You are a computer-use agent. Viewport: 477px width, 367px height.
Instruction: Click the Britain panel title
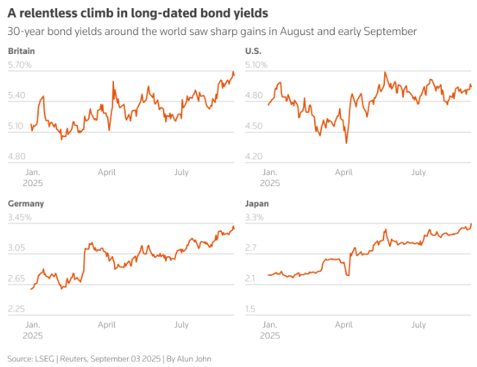click(x=21, y=51)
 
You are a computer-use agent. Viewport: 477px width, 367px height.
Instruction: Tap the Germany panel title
click(x=26, y=204)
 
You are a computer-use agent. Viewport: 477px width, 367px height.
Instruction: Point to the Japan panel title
click(x=256, y=204)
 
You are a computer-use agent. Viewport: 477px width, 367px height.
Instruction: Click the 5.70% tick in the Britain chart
click(x=20, y=66)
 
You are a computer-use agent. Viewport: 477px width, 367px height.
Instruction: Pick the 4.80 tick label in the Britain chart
click(x=16, y=156)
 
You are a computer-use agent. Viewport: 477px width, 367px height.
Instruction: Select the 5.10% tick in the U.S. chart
click(x=256, y=66)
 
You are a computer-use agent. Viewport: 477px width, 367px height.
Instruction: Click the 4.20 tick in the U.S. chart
click(x=253, y=156)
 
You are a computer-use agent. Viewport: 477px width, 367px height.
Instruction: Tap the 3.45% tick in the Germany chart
click(x=20, y=217)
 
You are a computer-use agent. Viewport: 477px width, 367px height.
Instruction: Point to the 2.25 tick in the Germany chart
click(x=16, y=309)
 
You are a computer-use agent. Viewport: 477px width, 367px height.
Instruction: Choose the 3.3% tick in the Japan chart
click(x=254, y=217)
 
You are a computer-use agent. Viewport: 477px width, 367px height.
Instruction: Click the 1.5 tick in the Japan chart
click(x=250, y=309)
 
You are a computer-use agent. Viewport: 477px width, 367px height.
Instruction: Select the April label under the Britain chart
click(x=107, y=173)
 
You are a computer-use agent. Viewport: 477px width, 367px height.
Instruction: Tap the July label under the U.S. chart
click(x=418, y=173)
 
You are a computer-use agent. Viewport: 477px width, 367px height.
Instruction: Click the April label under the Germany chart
click(x=107, y=325)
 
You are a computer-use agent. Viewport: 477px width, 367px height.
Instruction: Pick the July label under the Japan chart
click(x=418, y=325)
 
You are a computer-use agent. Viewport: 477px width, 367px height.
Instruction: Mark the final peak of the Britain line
click(x=233, y=72)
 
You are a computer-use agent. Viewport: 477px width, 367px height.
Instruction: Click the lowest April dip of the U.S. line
click(x=346, y=143)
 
